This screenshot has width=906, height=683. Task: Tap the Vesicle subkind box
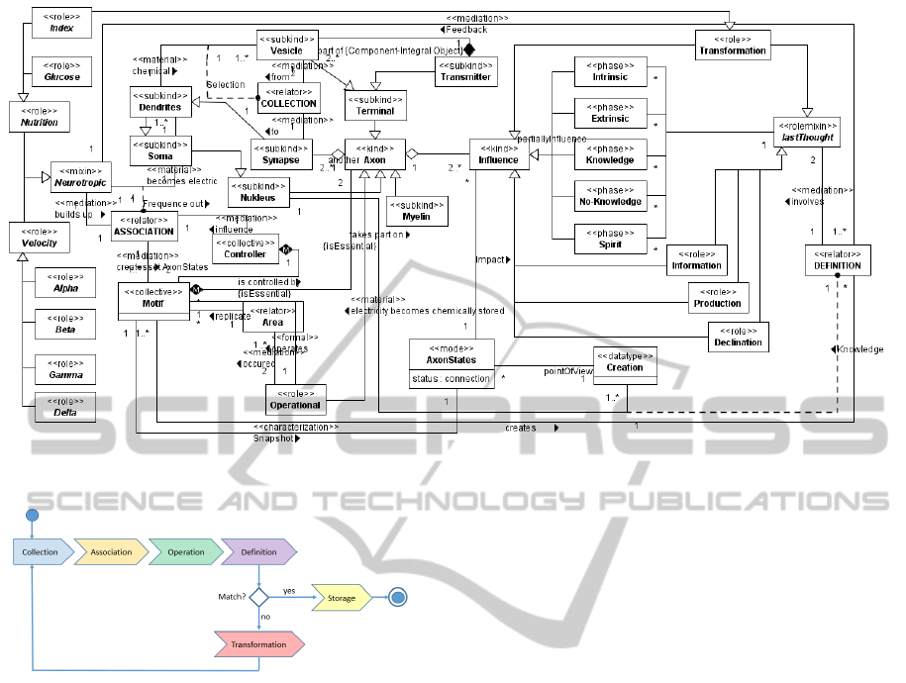(x=287, y=45)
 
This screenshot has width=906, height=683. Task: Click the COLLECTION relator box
(x=287, y=97)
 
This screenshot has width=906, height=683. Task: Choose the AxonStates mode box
(x=452, y=363)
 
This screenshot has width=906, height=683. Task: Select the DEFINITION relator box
(x=837, y=260)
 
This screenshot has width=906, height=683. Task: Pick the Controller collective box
(x=245, y=248)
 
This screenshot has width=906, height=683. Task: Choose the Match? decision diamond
(x=259, y=597)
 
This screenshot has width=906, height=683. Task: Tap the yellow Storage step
(x=342, y=597)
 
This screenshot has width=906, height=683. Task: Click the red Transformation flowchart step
(x=259, y=644)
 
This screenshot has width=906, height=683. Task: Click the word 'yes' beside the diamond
(x=289, y=591)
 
